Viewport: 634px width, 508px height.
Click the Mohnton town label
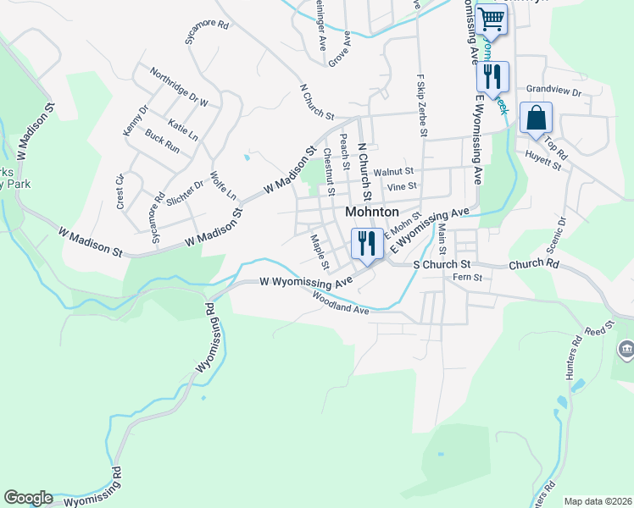tap(372, 212)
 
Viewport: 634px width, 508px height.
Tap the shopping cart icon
tap(491, 19)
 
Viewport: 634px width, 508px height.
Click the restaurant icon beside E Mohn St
tap(366, 244)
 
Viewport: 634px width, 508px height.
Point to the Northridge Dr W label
tap(179, 86)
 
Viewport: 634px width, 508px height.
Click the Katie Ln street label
tap(183, 130)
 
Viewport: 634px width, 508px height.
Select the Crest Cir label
tap(120, 191)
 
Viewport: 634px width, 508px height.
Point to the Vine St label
tap(401, 186)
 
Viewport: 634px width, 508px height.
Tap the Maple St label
tap(319, 252)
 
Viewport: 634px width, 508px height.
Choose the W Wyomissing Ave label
tap(306, 281)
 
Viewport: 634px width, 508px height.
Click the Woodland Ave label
tap(341, 304)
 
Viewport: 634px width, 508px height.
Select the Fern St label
tap(467, 277)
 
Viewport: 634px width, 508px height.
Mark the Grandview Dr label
tap(553, 91)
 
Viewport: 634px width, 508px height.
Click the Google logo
tap(28, 498)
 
